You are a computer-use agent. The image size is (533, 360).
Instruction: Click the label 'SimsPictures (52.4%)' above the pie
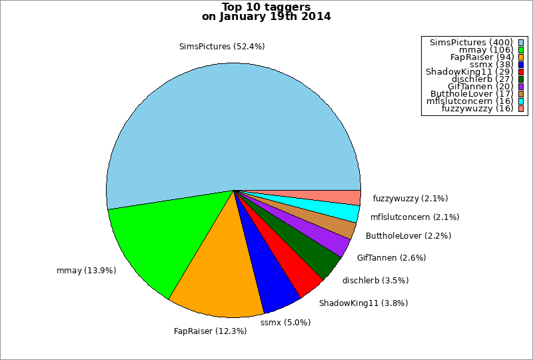coord(222,47)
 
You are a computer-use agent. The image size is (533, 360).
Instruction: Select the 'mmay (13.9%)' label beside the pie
coord(87,271)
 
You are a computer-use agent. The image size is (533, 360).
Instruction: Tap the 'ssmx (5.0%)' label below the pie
coord(286,322)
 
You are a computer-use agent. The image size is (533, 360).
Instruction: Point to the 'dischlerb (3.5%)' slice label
coord(375,281)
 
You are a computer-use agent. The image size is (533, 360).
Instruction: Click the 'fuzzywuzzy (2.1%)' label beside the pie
coord(410,199)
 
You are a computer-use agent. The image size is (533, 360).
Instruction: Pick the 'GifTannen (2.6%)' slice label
coord(391,258)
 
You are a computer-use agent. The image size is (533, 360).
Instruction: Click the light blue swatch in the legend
coord(521,43)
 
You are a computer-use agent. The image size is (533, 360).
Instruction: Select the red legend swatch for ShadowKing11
coord(521,72)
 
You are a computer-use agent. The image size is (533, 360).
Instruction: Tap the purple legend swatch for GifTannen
coord(521,87)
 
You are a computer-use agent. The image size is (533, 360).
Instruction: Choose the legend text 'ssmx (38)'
coord(491,64)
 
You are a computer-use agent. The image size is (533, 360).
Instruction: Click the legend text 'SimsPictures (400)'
coord(471,43)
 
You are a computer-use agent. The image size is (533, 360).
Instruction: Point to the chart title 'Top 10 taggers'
coord(266,7)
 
